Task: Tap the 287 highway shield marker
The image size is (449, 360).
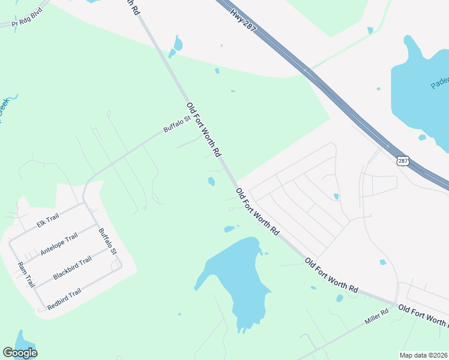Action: (x=403, y=160)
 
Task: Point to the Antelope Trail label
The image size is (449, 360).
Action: (x=59, y=245)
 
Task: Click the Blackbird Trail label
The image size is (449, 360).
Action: (x=72, y=268)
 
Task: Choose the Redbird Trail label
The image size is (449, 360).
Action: (x=64, y=298)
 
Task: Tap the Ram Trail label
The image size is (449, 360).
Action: (x=26, y=274)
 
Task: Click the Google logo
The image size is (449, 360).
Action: (x=20, y=353)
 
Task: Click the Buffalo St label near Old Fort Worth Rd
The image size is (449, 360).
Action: (x=177, y=124)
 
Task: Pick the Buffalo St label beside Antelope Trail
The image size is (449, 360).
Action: (x=107, y=240)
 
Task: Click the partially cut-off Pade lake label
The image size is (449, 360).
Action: (x=439, y=82)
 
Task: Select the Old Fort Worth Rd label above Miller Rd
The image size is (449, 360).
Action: (x=331, y=276)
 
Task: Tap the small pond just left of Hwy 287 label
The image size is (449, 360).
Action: (x=178, y=44)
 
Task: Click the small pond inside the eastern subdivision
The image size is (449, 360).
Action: (x=336, y=196)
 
